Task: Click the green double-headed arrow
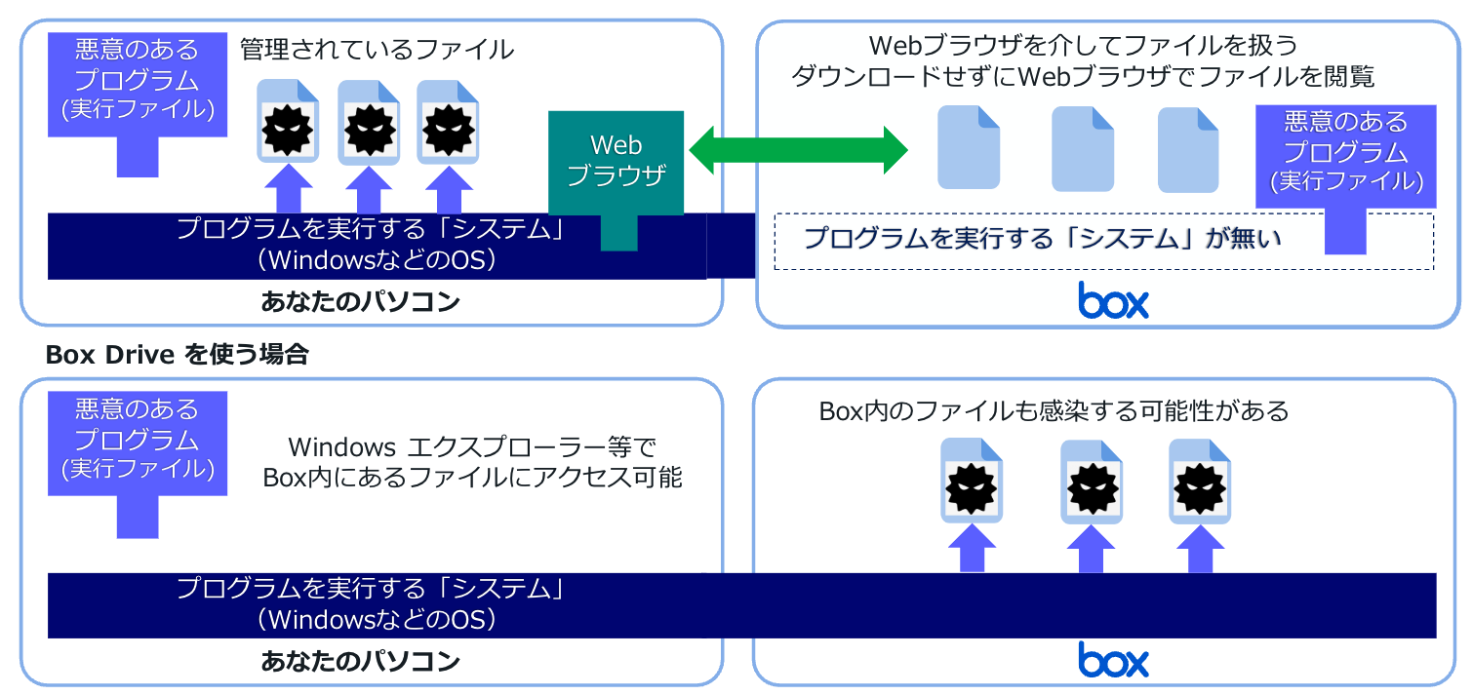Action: pos(798,149)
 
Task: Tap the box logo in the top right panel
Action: pos(1113,300)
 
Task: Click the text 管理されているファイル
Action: pos(377,50)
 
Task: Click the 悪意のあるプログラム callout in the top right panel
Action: pos(1345,156)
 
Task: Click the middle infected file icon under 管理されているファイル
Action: pos(369,122)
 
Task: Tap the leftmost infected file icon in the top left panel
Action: pos(289,122)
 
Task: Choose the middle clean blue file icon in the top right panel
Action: pos(1082,148)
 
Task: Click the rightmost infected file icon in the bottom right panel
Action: pos(1199,482)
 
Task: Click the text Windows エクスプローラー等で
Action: pos(472,448)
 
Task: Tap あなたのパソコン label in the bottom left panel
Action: pos(360,662)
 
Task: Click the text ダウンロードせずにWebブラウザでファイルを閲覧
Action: pos(1083,76)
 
